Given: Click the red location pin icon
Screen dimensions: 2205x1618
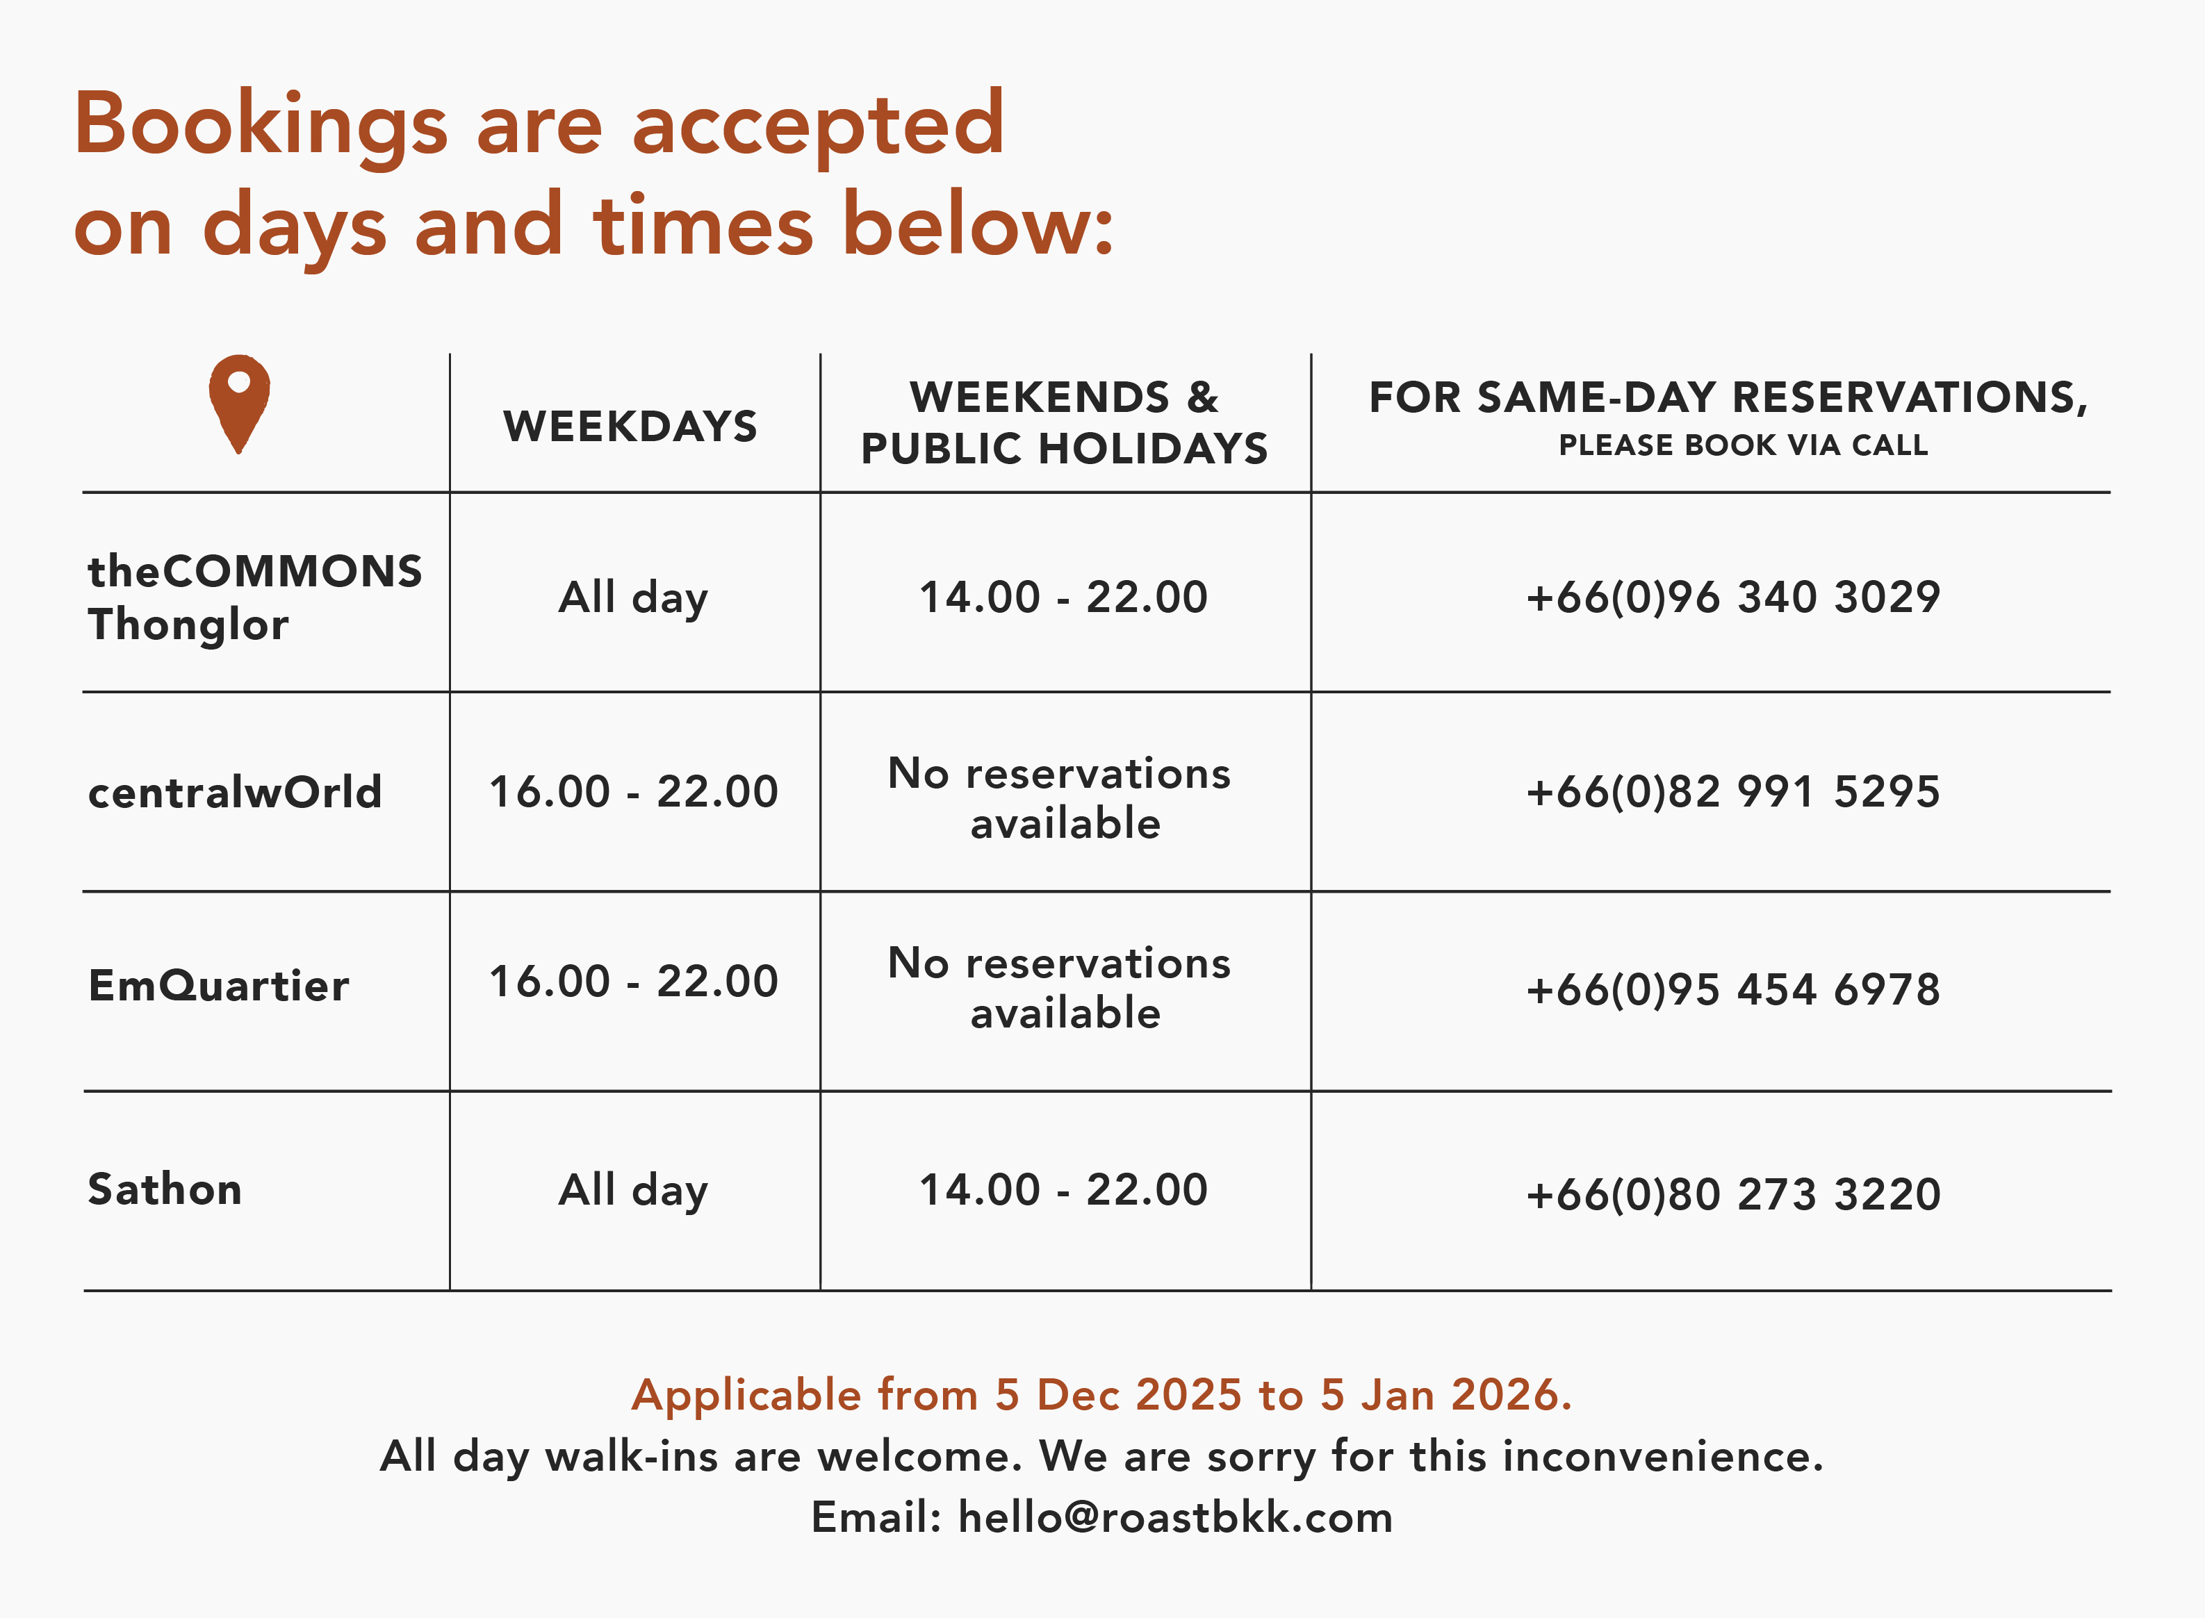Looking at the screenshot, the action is (239, 402).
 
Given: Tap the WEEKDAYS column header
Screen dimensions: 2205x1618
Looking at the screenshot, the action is (631, 426).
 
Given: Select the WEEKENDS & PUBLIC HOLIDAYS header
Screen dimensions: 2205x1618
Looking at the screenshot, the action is (1065, 422).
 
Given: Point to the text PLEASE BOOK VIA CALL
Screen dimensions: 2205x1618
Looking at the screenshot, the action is (1744, 445).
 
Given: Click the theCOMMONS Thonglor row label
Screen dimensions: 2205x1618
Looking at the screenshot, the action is (254, 597).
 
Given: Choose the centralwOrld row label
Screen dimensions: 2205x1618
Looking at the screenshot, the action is (235, 791).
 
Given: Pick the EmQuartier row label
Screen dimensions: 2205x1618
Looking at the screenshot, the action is (218, 985).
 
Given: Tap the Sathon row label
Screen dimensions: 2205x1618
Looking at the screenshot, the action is (165, 1189).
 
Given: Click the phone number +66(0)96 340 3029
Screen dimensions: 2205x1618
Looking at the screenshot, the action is (1733, 597).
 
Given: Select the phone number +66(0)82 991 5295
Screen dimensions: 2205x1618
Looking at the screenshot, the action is (1733, 791).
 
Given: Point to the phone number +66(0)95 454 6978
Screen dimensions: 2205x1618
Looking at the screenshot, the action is (1733, 989).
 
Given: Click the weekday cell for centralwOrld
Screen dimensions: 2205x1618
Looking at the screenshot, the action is (634, 791).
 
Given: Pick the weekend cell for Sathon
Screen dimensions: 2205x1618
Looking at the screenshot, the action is (1064, 1189).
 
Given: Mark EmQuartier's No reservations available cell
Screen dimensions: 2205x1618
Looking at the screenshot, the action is (1060, 987).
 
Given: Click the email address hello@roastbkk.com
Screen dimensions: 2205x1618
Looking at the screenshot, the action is (1176, 1517).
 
